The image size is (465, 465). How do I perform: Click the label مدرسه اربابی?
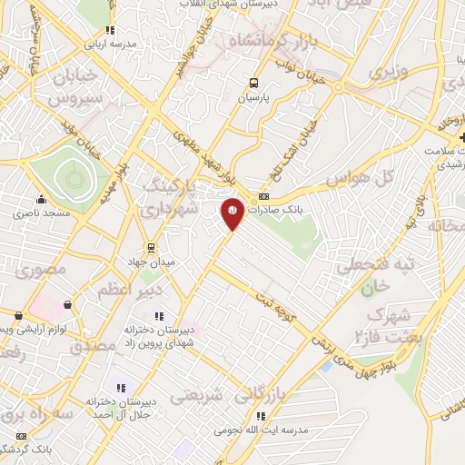pos(110,43)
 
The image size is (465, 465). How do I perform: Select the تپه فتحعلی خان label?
pos(375,273)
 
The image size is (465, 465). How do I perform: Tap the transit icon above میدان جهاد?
pos(151,246)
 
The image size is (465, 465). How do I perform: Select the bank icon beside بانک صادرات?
pos(264,195)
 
